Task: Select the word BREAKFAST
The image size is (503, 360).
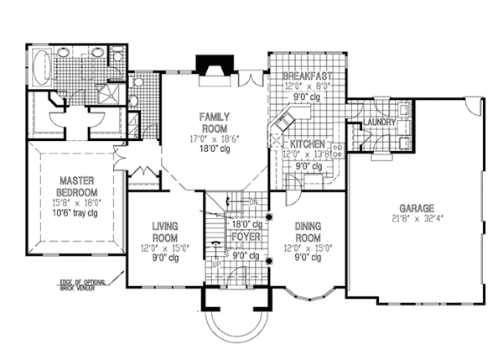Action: [x=309, y=76]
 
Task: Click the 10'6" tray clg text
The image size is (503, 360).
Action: [x=75, y=214]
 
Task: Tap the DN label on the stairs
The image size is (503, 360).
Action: [x=254, y=202]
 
